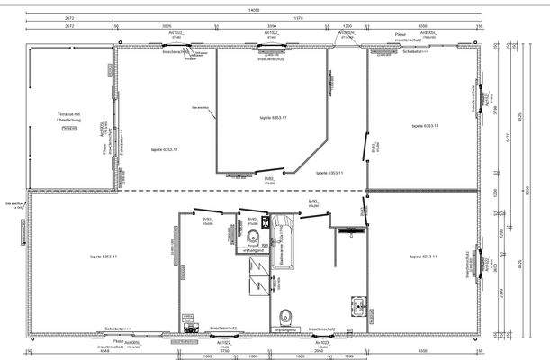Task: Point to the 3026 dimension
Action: pyautogui.click(x=167, y=27)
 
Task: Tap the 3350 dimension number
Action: pyautogui.click(x=271, y=27)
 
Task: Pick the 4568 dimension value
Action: pyautogui.click(x=104, y=349)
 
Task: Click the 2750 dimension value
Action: pyautogui.click(x=225, y=349)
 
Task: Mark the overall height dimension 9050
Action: pyautogui.click(x=527, y=190)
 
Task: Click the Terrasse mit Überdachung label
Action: pyautogui.click(x=69, y=117)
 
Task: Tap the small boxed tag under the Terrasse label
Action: pyautogui.click(x=68, y=130)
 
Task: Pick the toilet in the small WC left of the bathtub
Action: pyautogui.click(x=256, y=238)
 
